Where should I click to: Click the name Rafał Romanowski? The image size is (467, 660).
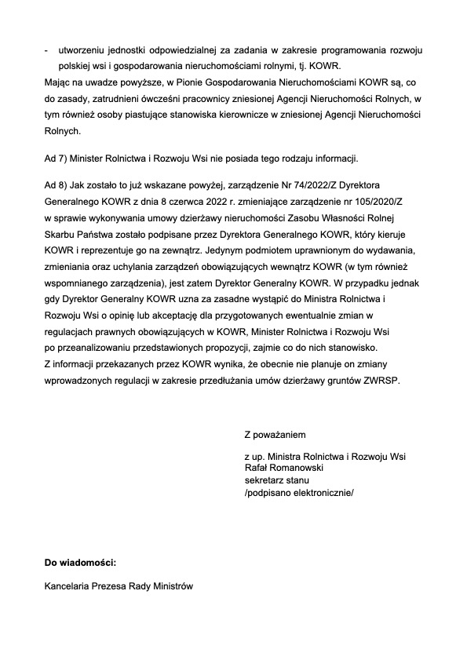(285, 468)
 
